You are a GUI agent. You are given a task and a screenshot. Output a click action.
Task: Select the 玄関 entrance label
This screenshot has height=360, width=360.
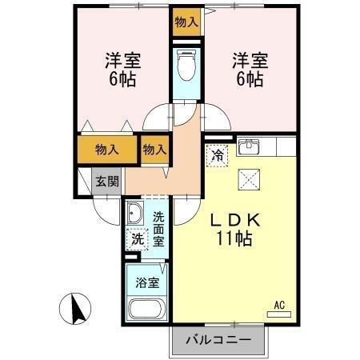point(106,182)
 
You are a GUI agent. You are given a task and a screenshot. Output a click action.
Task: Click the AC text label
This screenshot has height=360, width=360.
point(279,305)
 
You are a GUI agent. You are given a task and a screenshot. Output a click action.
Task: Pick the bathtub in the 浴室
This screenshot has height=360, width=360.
point(146,311)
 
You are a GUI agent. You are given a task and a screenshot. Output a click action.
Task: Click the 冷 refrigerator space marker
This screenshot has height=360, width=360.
point(217,155)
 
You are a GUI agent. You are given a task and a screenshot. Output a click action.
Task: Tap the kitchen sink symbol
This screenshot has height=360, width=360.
point(250,146)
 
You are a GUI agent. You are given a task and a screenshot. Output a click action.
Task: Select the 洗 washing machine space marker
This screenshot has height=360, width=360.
point(138,238)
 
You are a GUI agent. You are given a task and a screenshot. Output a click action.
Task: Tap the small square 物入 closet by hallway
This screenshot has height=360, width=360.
point(155,150)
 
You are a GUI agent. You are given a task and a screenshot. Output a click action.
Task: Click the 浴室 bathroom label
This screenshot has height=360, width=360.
point(146,282)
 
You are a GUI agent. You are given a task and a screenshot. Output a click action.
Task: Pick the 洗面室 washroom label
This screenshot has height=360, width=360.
point(158,229)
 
